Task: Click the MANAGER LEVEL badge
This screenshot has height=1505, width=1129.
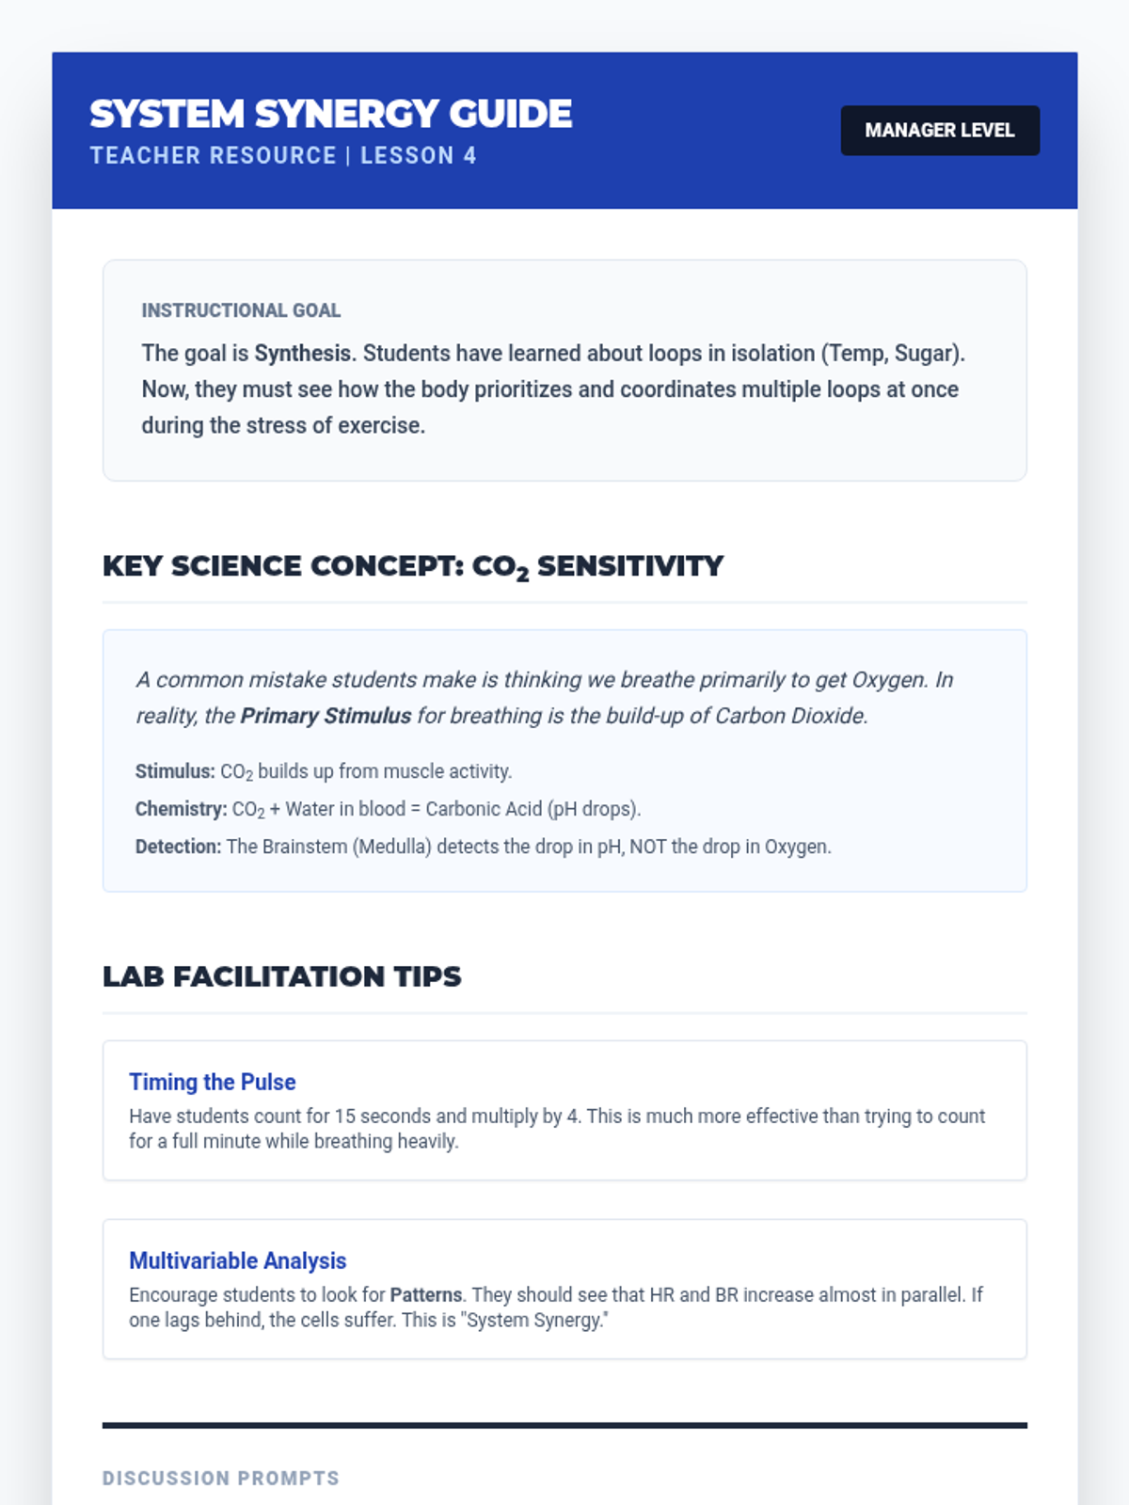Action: pyautogui.click(x=939, y=131)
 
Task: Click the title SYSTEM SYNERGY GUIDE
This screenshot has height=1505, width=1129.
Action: pyautogui.click(x=330, y=114)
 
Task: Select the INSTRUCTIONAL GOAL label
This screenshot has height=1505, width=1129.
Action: pyautogui.click(x=241, y=310)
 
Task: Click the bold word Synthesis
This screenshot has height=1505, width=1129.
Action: pyautogui.click(x=303, y=354)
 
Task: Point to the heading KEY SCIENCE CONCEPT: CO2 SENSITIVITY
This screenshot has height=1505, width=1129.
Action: pyautogui.click(x=413, y=566)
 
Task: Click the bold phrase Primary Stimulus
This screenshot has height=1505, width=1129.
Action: pyautogui.click(x=326, y=716)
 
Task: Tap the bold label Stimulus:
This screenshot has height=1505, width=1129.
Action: pyautogui.click(x=175, y=771)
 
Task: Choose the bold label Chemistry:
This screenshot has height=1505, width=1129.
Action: pyautogui.click(x=181, y=809)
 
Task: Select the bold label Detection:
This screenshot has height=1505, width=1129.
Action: pyautogui.click(x=178, y=847)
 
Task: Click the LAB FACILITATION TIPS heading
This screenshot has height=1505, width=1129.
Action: pyautogui.click(x=281, y=976)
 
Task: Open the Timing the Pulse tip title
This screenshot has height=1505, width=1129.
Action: pyautogui.click(x=213, y=1082)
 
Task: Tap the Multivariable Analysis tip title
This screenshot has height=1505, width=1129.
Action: pyautogui.click(x=237, y=1260)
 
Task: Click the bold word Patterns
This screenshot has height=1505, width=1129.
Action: pyautogui.click(x=426, y=1295)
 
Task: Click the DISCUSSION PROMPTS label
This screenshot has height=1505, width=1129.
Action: pyautogui.click(x=220, y=1479)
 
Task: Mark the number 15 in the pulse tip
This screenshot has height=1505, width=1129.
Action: pyautogui.click(x=344, y=1117)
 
